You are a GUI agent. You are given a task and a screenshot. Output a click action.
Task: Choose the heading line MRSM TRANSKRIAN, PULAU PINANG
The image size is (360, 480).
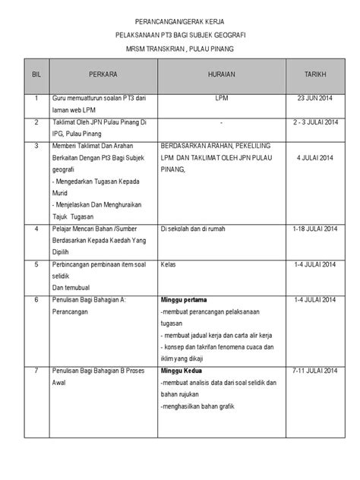pos(180,50)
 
